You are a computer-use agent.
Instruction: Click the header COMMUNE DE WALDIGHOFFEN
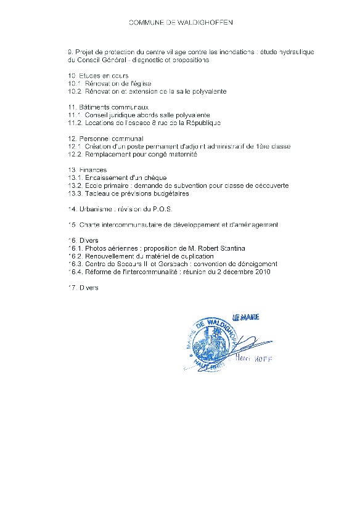[181, 22]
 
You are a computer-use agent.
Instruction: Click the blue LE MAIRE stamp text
[245, 318]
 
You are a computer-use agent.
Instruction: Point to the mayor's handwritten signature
[247, 345]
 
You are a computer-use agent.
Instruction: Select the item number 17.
[72, 288]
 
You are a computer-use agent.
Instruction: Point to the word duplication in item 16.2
[194, 256]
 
